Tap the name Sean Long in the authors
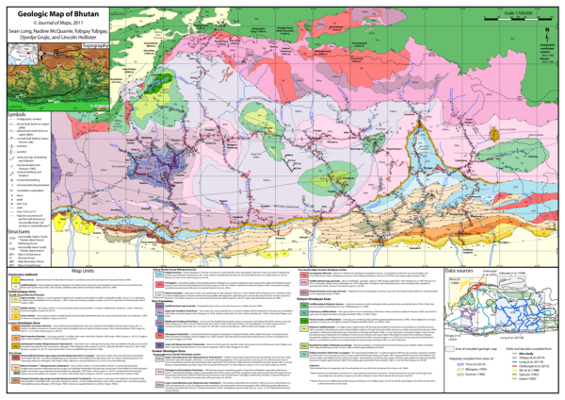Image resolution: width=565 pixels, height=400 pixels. (24, 31)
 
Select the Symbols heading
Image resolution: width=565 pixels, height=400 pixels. (16, 115)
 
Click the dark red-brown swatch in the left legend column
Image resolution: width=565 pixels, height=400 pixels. (16, 358)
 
